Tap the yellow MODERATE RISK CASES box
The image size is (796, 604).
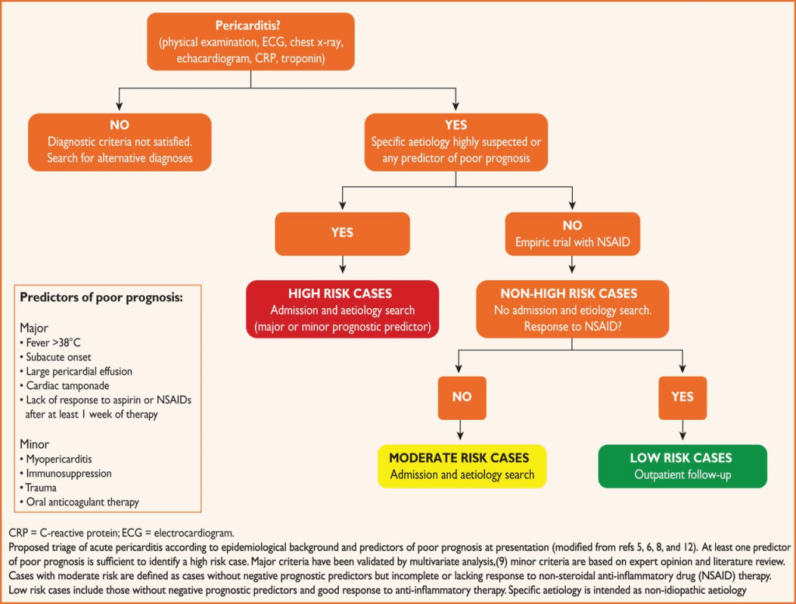tap(462, 466)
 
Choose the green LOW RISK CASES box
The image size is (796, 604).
tap(681, 466)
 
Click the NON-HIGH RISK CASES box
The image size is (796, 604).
tap(573, 310)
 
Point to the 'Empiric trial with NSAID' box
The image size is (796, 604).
tap(573, 234)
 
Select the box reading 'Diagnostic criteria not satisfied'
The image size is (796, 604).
tap(120, 142)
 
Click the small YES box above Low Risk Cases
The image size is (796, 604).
tap(682, 397)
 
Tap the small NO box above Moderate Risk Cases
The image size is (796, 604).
tap(462, 397)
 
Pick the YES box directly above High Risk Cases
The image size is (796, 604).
tap(342, 233)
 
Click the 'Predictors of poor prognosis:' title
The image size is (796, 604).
tap(101, 297)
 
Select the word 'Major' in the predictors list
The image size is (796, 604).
tap(35, 327)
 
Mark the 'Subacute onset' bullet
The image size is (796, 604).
tap(59, 356)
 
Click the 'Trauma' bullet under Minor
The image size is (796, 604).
tap(45, 488)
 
